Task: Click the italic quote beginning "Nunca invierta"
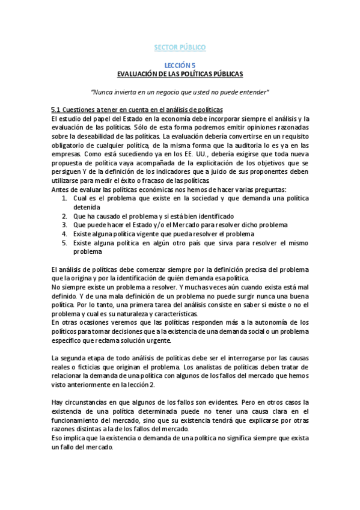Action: click(x=180, y=92)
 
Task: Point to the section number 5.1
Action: click(x=56, y=109)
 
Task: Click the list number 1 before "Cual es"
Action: click(x=65, y=198)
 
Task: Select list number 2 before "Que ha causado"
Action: click(x=65, y=216)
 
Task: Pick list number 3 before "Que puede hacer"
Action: click(x=65, y=225)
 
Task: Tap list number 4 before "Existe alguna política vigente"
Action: click(x=65, y=234)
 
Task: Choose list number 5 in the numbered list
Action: click(x=65, y=243)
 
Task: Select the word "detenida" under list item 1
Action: click(x=87, y=207)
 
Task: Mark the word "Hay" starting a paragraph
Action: click(x=57, y=402)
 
